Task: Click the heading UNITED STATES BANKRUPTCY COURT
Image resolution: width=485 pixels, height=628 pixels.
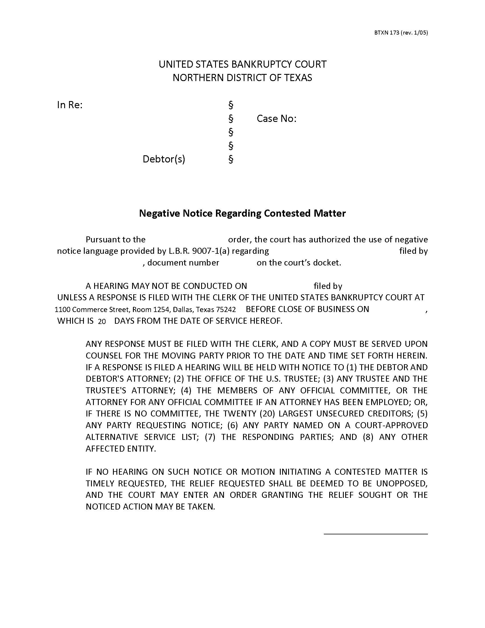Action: click(x=242, y=64)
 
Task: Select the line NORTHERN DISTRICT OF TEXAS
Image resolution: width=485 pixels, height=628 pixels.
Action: click(x=242, y=78)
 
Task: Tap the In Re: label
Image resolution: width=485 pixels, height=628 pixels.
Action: click(x=70, y=105)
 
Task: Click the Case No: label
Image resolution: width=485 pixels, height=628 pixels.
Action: click(x=276, y=118)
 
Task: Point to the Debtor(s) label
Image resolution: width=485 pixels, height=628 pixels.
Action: click(x=164, y=159)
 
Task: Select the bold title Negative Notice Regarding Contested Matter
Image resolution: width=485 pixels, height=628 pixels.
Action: click(x=242, y=213)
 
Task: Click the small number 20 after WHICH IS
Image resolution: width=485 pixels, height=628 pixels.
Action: click(x=102, y=321)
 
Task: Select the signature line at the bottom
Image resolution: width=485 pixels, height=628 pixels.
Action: click(x=375, y=534)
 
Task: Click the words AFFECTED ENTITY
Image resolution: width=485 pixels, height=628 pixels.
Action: click(x=121, y=448)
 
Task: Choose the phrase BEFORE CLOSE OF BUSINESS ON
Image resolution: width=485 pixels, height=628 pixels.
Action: click(x=308, y=309)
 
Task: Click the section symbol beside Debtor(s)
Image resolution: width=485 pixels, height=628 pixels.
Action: click(x=231, y=159)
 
